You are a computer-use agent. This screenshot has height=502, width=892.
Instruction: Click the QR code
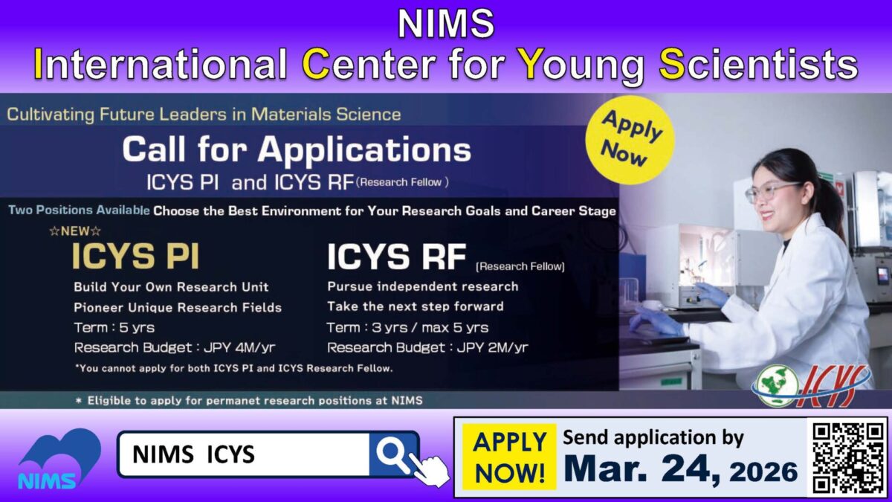[847, 457]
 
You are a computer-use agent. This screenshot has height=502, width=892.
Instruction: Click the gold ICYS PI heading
[135, 257]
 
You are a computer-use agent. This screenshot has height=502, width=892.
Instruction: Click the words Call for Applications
[297, 150]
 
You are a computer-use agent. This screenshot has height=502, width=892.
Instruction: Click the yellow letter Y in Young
[531, 65]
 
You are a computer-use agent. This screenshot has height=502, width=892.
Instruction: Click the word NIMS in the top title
[445, 24]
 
